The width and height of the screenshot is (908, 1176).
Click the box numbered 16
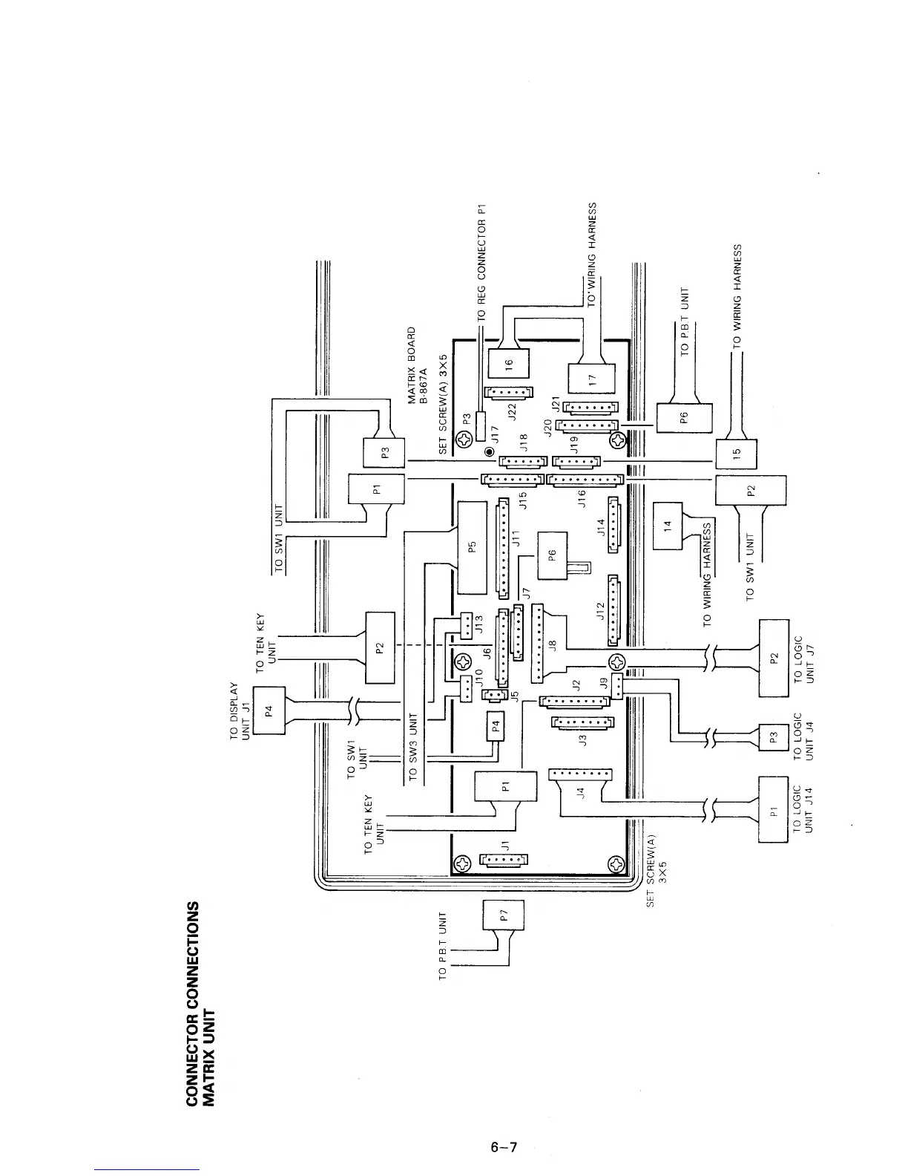(x=509, y=363)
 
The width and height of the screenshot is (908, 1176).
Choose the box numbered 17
(x=592, y=378)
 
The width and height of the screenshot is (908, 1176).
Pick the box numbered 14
(x=667, y=525)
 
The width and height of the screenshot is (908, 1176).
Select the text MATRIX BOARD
(x=412, y=363)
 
